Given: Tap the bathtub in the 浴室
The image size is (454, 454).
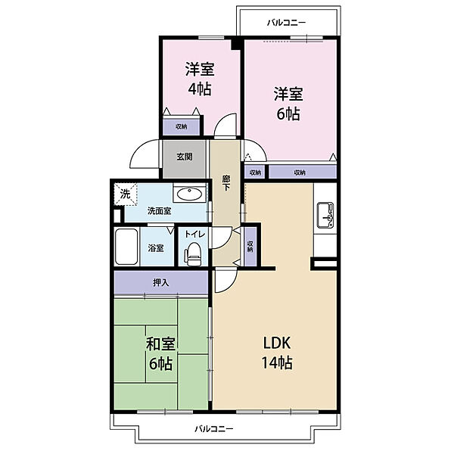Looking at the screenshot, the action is pos(126,247).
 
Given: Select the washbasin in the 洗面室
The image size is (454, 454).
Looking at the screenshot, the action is pos(190,194).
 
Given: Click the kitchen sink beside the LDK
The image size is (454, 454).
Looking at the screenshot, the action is pos(325,215).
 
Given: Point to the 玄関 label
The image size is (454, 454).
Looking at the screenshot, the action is pos(185,157).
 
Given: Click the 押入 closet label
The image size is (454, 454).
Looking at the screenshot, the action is pos(161,282).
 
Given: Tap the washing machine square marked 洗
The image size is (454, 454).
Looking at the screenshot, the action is pos(126,194).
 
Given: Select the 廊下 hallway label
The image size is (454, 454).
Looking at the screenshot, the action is pos(225,182).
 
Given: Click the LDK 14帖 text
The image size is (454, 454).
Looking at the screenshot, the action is pos(277,353).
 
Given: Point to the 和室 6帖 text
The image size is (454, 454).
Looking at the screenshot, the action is pos(160,353).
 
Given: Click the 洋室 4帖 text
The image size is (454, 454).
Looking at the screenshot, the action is pos(200,79).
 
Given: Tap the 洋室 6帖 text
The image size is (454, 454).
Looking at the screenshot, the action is pos(288,104).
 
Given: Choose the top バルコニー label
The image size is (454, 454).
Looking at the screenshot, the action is pos(286,22).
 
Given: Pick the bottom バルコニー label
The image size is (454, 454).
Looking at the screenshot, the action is pos(213,428).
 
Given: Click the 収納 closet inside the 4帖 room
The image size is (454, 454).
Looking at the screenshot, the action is pos(182,126).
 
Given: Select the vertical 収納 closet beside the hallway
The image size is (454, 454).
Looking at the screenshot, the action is pos(250,247).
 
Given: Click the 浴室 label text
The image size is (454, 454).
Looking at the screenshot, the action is pos(156,248).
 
